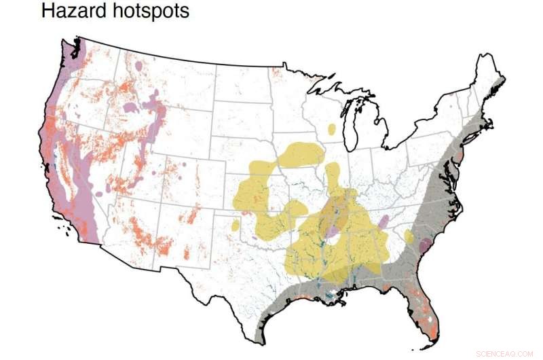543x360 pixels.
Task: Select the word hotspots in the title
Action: point(151,12)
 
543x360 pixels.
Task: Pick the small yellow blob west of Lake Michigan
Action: point(331,128)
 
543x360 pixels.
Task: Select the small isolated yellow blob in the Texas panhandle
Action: point(236,224)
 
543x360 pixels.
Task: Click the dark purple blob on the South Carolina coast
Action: point(425,246)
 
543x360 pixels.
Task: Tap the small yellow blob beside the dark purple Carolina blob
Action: point(409,236)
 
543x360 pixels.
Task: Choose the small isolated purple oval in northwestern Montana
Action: point(140,67)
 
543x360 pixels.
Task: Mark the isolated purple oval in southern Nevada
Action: point(99,194)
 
